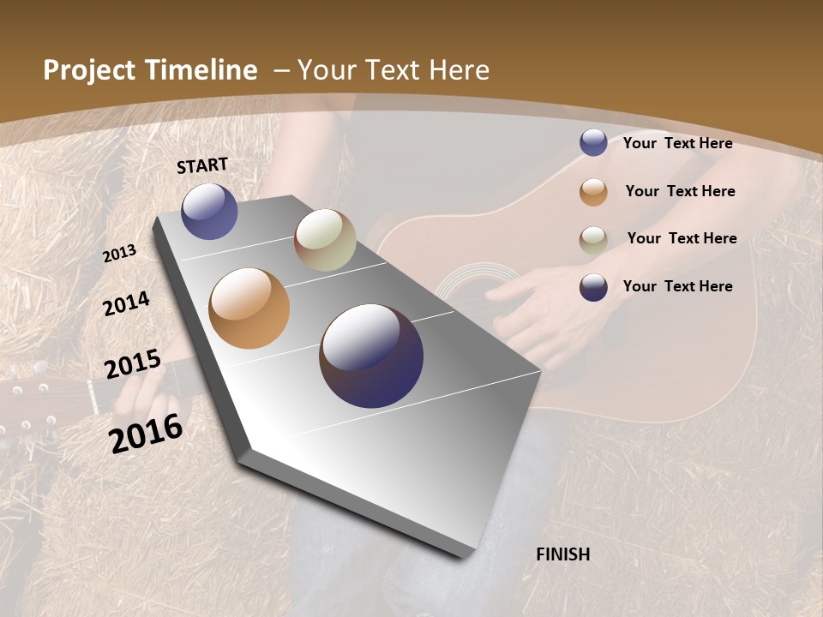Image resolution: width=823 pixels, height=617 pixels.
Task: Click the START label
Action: click(x=202, y=165)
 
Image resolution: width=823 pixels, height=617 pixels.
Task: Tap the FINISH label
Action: click(x=562, y=554)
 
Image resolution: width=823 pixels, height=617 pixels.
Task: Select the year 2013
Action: click(x=120, y=254)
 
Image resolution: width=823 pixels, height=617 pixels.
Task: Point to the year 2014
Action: click(x=127, y=303)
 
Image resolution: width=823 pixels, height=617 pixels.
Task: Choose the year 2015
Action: click(x=133, y=363)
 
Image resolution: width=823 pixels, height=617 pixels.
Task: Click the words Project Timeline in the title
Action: click(x=150, y=70)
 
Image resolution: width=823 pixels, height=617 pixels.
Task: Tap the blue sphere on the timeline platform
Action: click(x=209, y=212)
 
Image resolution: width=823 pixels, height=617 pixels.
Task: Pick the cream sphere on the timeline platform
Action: click(x=325, y=240)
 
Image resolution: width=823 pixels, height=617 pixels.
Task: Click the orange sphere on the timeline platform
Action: click(x=249, y=308)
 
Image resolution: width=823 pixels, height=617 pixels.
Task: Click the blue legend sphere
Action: click(x=593, y=142)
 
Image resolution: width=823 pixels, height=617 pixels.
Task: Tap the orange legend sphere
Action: click(x=593, y=192)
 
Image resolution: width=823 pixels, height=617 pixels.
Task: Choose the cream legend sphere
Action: click(x=593, y=240)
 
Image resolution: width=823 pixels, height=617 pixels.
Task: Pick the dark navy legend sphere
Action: click(x=593, y=287)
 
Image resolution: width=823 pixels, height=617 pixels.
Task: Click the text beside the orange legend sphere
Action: click(x=680, y=191)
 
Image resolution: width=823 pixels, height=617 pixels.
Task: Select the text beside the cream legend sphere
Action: click(x=682, y=238)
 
